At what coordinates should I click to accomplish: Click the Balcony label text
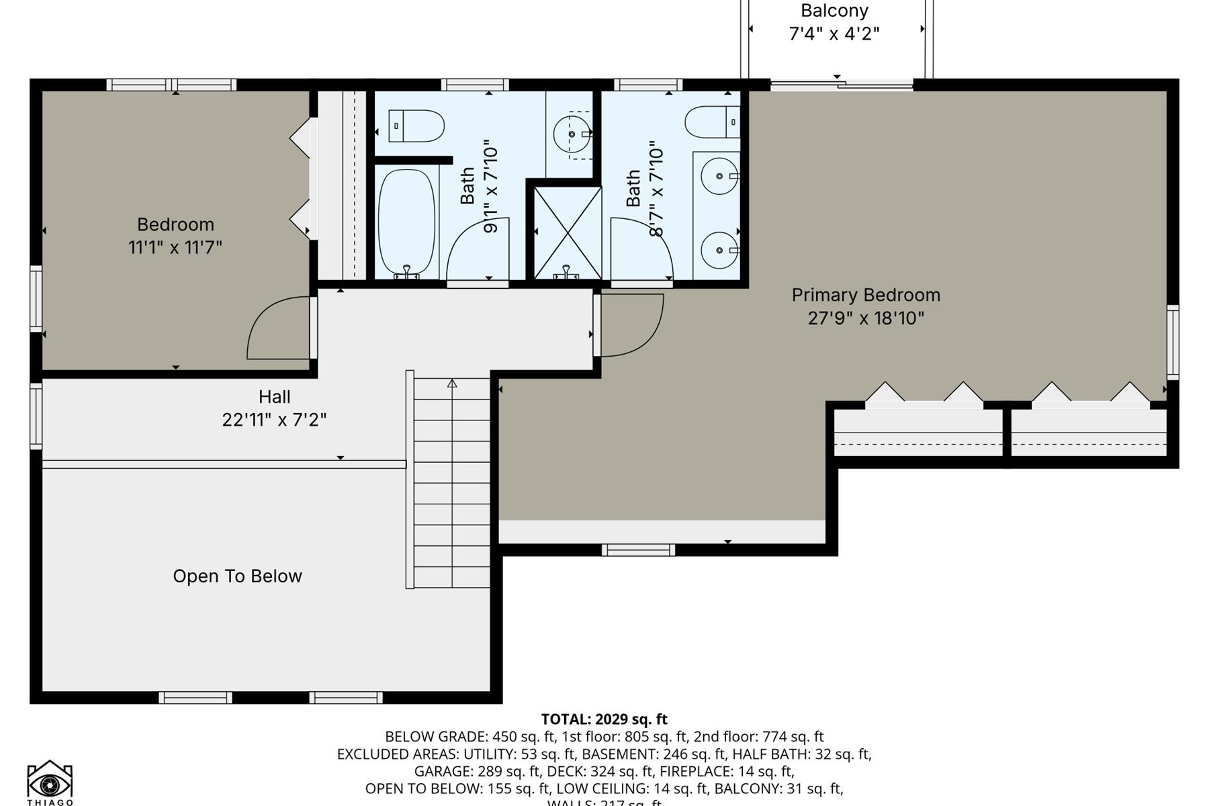(x=834, y=11)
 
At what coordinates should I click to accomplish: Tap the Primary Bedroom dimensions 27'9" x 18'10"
(x=866, y=318)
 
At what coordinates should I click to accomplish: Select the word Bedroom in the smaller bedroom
(x=175, y=224)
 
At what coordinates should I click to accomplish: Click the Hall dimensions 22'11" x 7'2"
(x=274, y=420)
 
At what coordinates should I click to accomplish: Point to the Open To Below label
(x=237, y=576)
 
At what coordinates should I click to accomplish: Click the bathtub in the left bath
(x=406, y=222)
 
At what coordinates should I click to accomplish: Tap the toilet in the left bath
(x=416, y=126)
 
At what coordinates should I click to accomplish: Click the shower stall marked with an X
(x=568, y=232)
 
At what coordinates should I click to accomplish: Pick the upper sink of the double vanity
(x=719, y=176)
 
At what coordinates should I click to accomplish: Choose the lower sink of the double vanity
(x=719, y=250)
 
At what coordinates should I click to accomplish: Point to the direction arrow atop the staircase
(x=452, y=384)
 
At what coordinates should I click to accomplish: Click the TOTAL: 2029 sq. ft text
(x=604, y=719)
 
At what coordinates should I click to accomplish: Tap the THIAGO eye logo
(x=50, y=780)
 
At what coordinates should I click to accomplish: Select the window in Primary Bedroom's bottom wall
(x=637, y=550)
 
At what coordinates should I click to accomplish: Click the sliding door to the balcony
(x=841, y=85)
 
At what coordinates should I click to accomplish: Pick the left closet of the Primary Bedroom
(x=917, y=430)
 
